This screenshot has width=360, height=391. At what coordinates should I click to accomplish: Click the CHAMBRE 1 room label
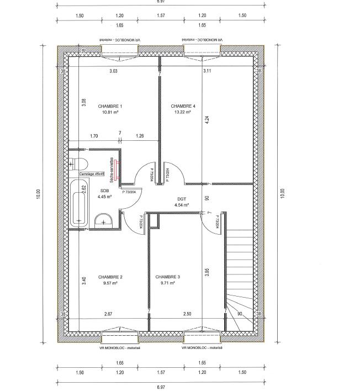point(110,106)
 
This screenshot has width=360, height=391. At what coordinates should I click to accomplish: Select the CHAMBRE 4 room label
point(183,106)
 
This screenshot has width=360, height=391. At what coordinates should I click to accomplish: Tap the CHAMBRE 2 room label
point(110,277)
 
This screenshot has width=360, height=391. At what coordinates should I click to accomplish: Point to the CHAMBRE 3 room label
point(167,277)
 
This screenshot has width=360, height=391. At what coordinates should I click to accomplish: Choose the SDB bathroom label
point(105,191)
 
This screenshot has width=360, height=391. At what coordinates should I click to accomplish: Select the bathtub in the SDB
point(78,203)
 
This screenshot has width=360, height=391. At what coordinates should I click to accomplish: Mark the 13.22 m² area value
point(183,112)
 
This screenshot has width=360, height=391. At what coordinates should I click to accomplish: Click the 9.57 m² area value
point(110,282)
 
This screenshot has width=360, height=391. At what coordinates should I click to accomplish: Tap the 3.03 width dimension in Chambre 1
point(113,71)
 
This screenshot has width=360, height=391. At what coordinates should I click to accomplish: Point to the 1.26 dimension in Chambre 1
point(140,136)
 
